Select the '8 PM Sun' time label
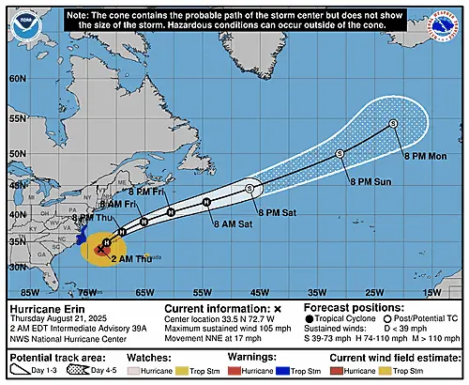tap(369, 179)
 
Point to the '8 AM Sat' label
tap(233, 223)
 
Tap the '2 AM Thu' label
tap(129, 257)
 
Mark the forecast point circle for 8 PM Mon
tap(393, 124)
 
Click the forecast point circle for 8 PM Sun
tap(340, 153)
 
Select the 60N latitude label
tap(17, 78)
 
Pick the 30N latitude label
tap(17, 267)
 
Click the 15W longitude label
tap(431, 293)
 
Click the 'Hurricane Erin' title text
tap(49, 308)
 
